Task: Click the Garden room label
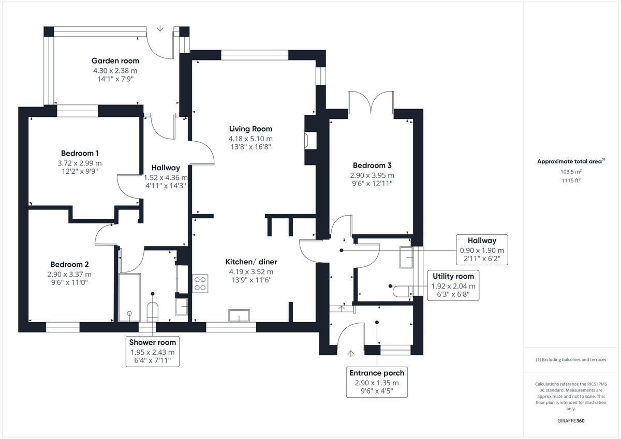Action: (x=115, y=60)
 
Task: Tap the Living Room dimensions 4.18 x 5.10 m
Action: (x=250, y=139)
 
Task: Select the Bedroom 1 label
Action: (x=80, y=153)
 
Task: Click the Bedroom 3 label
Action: (x=372, y=165)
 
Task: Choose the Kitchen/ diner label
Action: (x=250, y=261)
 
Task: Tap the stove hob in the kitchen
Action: (x=200, y=283)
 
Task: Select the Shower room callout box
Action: (x=153, y=352)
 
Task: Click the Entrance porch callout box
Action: (x=377, y=382)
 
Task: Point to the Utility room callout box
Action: (x=453, y=285)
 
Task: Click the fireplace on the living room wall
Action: (x=309, y=140)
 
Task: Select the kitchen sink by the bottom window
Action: (x=239, y=315)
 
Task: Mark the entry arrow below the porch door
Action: (x=351, y=354)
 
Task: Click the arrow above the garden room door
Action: (x=160, y=28)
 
